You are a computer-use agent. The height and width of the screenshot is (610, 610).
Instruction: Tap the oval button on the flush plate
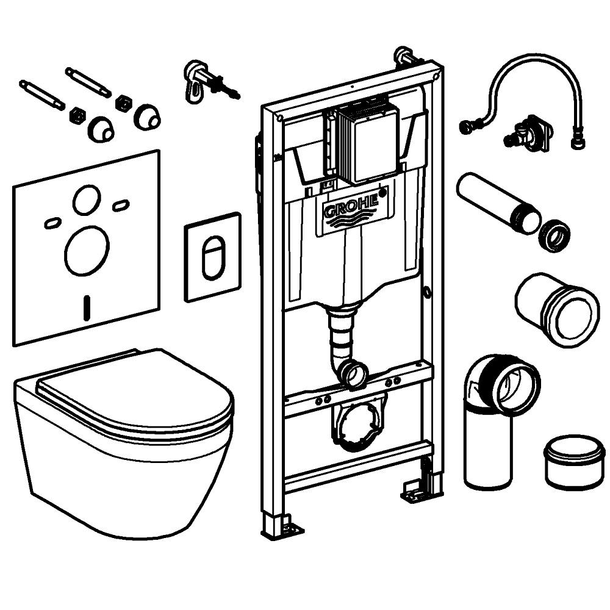(x=212, y=257)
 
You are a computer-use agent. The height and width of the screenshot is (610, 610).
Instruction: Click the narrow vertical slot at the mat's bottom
(x=87, y=307)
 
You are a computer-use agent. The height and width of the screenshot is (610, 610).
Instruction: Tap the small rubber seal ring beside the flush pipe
(x=554, y=235)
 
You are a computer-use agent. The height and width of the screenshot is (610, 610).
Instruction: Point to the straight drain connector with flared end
(x=557, y=310)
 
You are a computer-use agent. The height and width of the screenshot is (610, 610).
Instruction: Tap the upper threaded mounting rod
(x=88, y=82)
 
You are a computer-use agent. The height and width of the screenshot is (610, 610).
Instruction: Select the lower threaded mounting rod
(x=41, y=95)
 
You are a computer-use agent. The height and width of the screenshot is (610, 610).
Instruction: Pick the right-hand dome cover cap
(x=147, y=117)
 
